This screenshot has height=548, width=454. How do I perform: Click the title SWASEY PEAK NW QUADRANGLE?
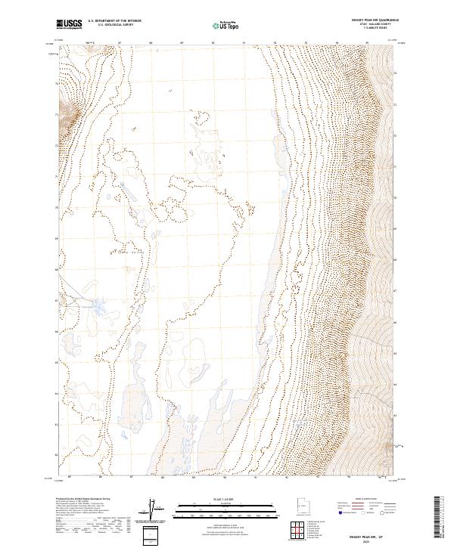click(375, 20)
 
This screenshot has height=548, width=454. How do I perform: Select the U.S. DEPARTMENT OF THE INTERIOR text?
click(115, 21)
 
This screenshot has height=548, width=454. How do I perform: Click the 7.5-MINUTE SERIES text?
click(375, 29)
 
